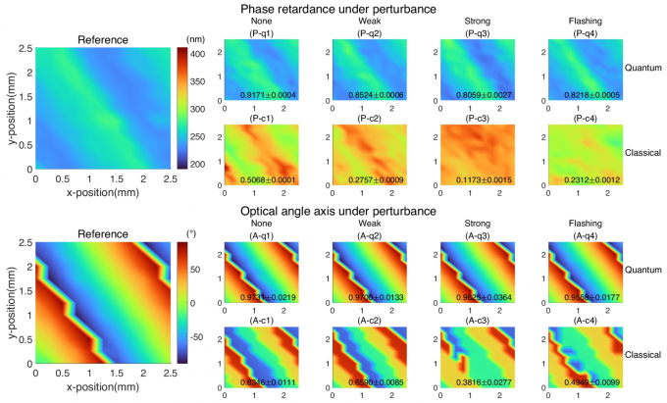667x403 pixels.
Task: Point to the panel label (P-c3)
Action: (x=467, y=119)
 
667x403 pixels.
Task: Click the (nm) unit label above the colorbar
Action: (x=194, y=38)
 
